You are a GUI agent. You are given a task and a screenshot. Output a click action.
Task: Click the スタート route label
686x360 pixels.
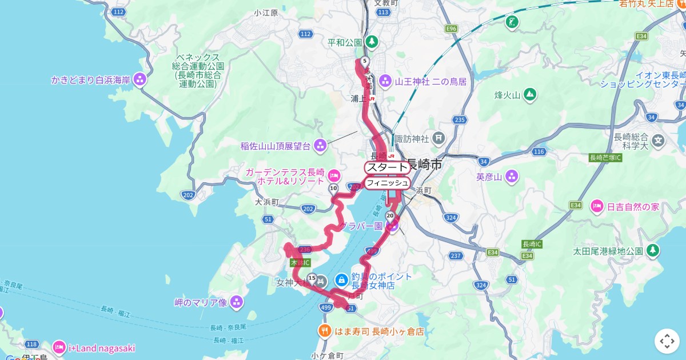(388, 167)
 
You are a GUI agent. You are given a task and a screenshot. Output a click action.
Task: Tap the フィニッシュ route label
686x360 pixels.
(388, 183)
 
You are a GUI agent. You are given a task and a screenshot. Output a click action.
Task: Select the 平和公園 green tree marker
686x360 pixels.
(372, 42)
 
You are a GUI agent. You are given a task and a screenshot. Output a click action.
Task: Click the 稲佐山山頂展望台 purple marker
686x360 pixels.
(320, 146)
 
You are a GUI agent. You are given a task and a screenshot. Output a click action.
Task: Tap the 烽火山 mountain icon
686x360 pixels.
(530, 94)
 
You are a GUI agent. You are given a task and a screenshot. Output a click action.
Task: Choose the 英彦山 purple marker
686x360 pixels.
(511, 177)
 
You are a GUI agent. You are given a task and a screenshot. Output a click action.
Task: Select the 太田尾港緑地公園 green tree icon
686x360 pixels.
(652, 250)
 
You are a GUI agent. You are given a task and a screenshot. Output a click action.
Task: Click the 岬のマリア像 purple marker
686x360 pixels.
(237, 302)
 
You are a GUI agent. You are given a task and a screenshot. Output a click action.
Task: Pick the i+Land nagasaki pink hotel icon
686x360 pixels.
(59, 347)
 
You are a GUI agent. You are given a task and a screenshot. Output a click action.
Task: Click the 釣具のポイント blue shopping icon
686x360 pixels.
(341, 280)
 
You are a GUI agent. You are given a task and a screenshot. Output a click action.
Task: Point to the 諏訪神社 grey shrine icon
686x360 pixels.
(438, 137)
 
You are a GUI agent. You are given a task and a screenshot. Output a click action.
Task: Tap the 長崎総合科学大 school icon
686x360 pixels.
(659, 139)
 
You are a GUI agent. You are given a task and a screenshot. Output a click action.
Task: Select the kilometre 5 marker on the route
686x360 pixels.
(365, 61)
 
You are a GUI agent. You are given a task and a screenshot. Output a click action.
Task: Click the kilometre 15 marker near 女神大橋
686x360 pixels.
(312, 278)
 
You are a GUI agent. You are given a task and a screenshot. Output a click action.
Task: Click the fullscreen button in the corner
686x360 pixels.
(667, 341)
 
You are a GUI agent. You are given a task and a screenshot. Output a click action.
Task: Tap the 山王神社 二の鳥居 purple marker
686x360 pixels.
(385, 81)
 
